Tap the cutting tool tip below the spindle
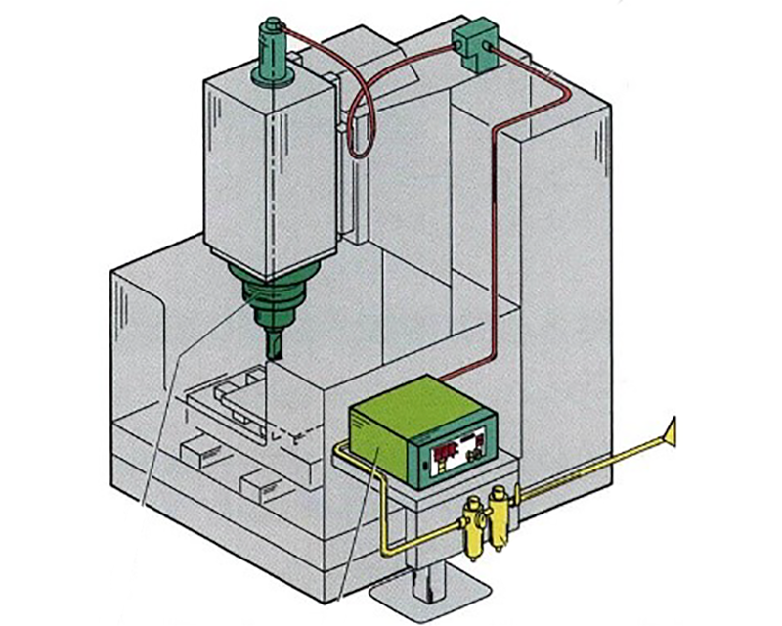[x=275, y=344]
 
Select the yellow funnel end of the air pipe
[x=671, y=428]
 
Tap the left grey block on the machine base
[x=201, y=452]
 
